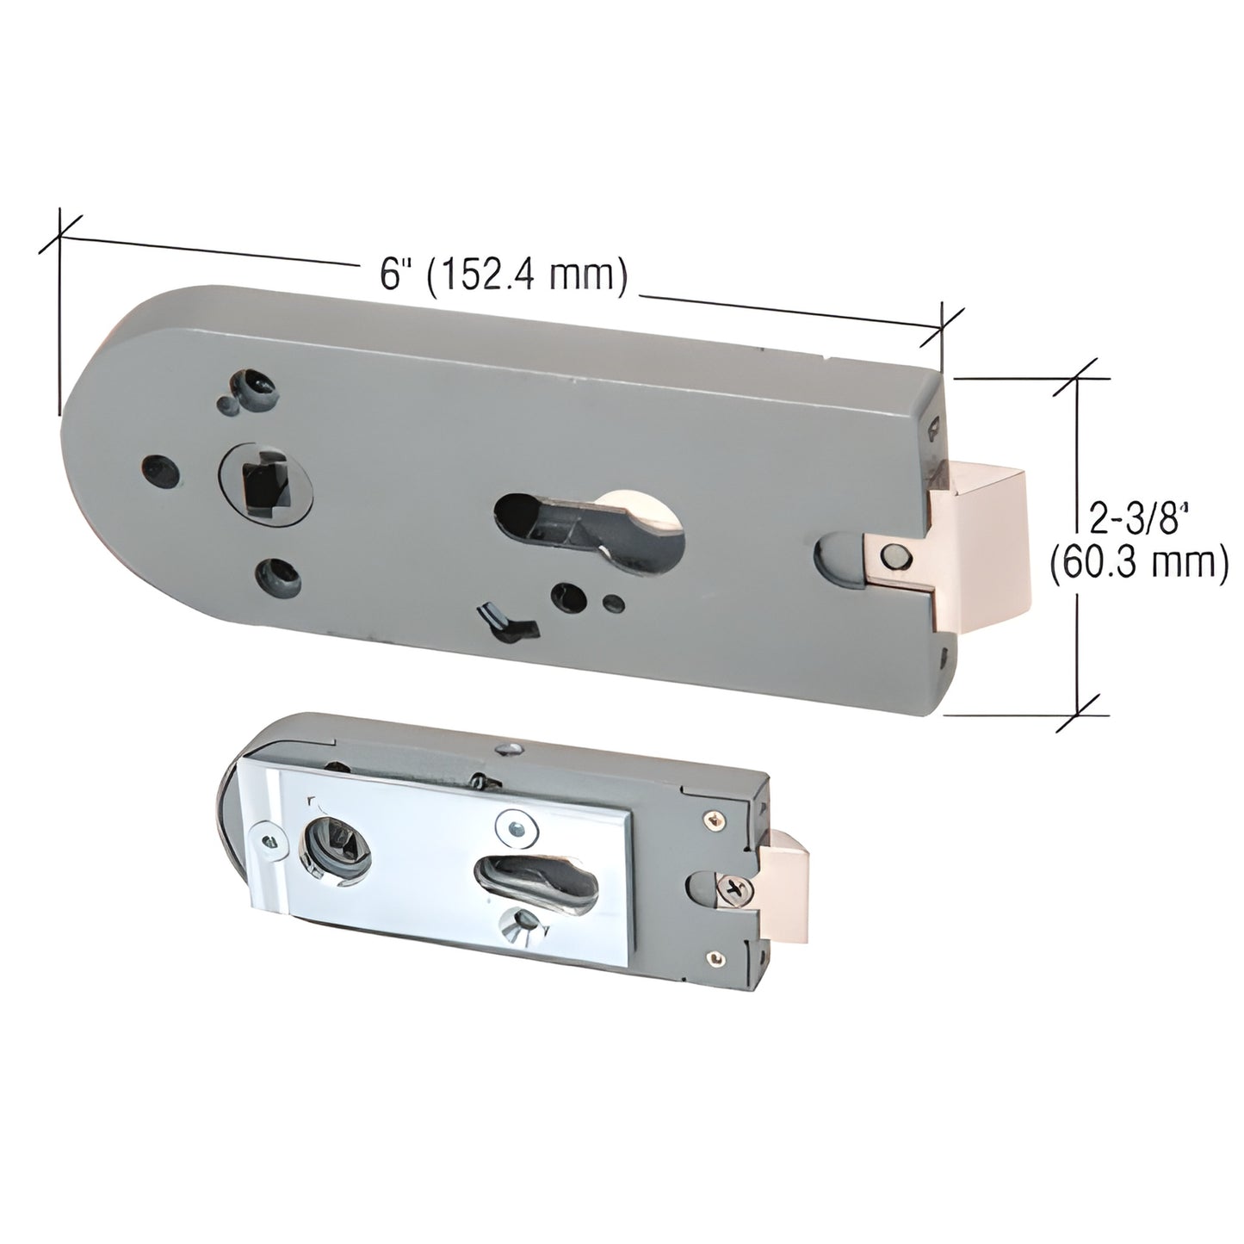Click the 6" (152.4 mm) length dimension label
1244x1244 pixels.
(x=501, y=275)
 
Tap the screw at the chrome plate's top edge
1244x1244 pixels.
(x=516, y=827)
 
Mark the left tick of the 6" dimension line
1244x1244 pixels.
(x=59, y=230)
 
